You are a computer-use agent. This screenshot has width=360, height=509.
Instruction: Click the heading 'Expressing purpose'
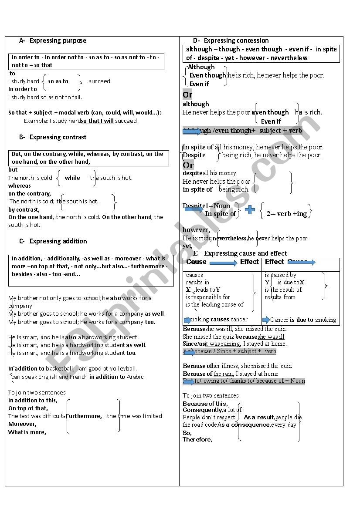58,40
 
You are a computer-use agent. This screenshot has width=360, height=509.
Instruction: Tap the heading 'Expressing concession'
236,40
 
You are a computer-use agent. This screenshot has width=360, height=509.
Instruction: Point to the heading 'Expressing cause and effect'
245,253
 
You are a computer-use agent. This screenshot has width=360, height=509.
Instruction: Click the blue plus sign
250,210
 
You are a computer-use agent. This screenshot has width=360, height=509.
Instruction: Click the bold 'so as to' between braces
58,81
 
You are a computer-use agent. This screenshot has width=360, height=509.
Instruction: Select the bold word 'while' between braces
72,178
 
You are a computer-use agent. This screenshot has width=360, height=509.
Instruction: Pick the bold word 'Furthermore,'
84,416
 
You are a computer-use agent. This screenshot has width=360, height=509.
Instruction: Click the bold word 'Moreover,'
22,424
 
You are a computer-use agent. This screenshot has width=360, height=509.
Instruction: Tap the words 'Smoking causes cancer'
217,320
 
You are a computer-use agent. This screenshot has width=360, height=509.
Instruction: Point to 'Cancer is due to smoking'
303,320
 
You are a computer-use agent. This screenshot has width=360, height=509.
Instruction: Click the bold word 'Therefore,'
197,440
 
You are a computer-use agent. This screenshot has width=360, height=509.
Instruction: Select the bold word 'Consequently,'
202,410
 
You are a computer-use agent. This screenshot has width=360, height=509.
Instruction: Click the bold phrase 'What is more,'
27,432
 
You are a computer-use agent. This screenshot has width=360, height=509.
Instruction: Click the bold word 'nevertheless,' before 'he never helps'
231,239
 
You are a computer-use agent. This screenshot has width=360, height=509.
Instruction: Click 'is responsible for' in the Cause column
208,297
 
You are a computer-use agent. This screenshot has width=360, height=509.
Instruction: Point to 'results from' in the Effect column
280,297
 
